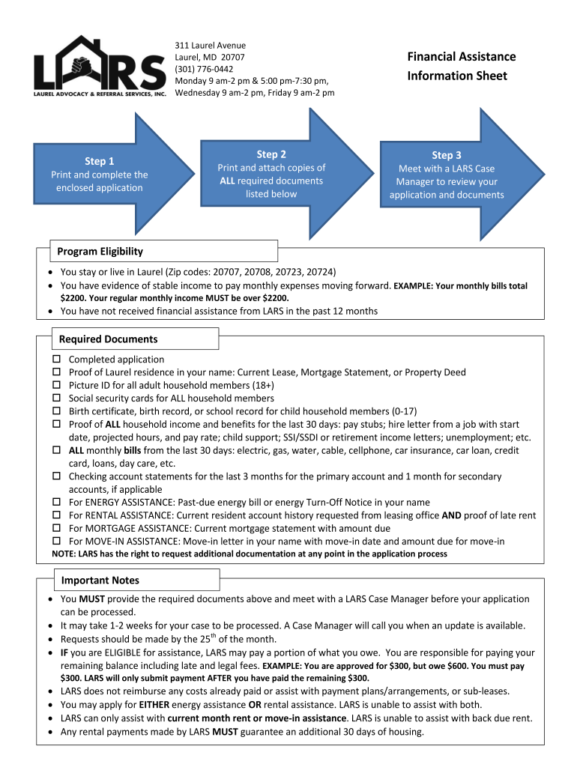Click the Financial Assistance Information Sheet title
click(462, 66)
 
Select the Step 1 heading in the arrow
click(100, 161)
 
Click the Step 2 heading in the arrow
click(271, 154)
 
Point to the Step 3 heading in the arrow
click(447, 155)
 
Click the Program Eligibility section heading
click(100, 251)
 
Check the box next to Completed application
click(56, 360)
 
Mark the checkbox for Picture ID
click(56, 385)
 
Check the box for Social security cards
click(56, 398)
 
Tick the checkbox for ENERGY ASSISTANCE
click(56, 503)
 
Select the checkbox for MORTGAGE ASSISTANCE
click(56, 528)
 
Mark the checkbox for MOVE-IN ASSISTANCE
click(56, 542)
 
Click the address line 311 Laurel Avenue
click(210, 46)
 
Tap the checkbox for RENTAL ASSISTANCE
click(56, 515)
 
